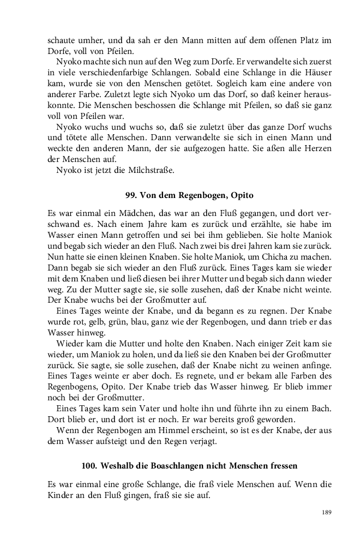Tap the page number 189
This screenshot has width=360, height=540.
(x=327, y=512)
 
